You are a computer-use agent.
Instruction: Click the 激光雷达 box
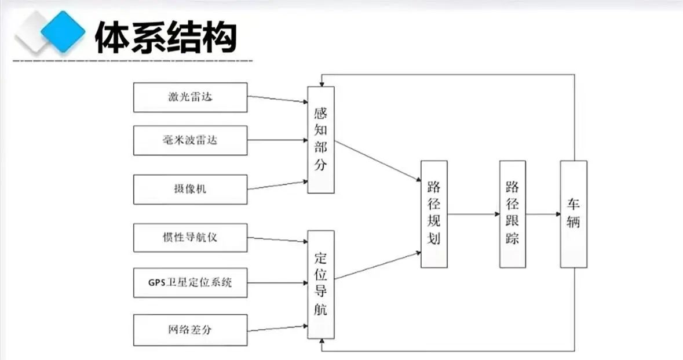190,97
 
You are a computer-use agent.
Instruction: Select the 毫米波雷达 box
190,140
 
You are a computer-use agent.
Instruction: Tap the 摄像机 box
190,189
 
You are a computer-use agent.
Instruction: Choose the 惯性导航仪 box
190,238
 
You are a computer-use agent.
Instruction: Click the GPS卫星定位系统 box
190,283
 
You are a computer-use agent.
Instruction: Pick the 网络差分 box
190,330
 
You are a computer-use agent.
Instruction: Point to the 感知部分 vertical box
321,139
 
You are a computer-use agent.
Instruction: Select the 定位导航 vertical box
321,284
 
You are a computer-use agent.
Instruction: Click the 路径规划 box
434,213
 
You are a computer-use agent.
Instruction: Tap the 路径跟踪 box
513,213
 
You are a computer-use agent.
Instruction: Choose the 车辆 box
574,213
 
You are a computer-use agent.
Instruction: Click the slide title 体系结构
166,38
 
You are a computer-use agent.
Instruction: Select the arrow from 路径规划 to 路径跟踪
473,214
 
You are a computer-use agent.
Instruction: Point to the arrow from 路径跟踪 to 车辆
543,214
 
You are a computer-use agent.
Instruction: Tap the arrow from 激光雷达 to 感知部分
277,100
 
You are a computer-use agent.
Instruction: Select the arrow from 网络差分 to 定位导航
277,328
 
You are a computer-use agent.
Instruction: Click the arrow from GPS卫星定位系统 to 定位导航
277,283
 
